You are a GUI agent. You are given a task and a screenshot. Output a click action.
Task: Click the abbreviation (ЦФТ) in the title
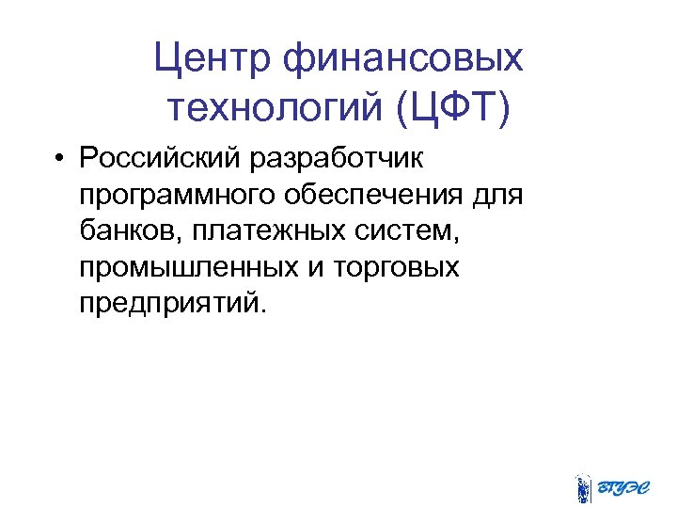tap(454, 110)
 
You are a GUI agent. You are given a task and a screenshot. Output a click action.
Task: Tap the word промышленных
tap(188, 268)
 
